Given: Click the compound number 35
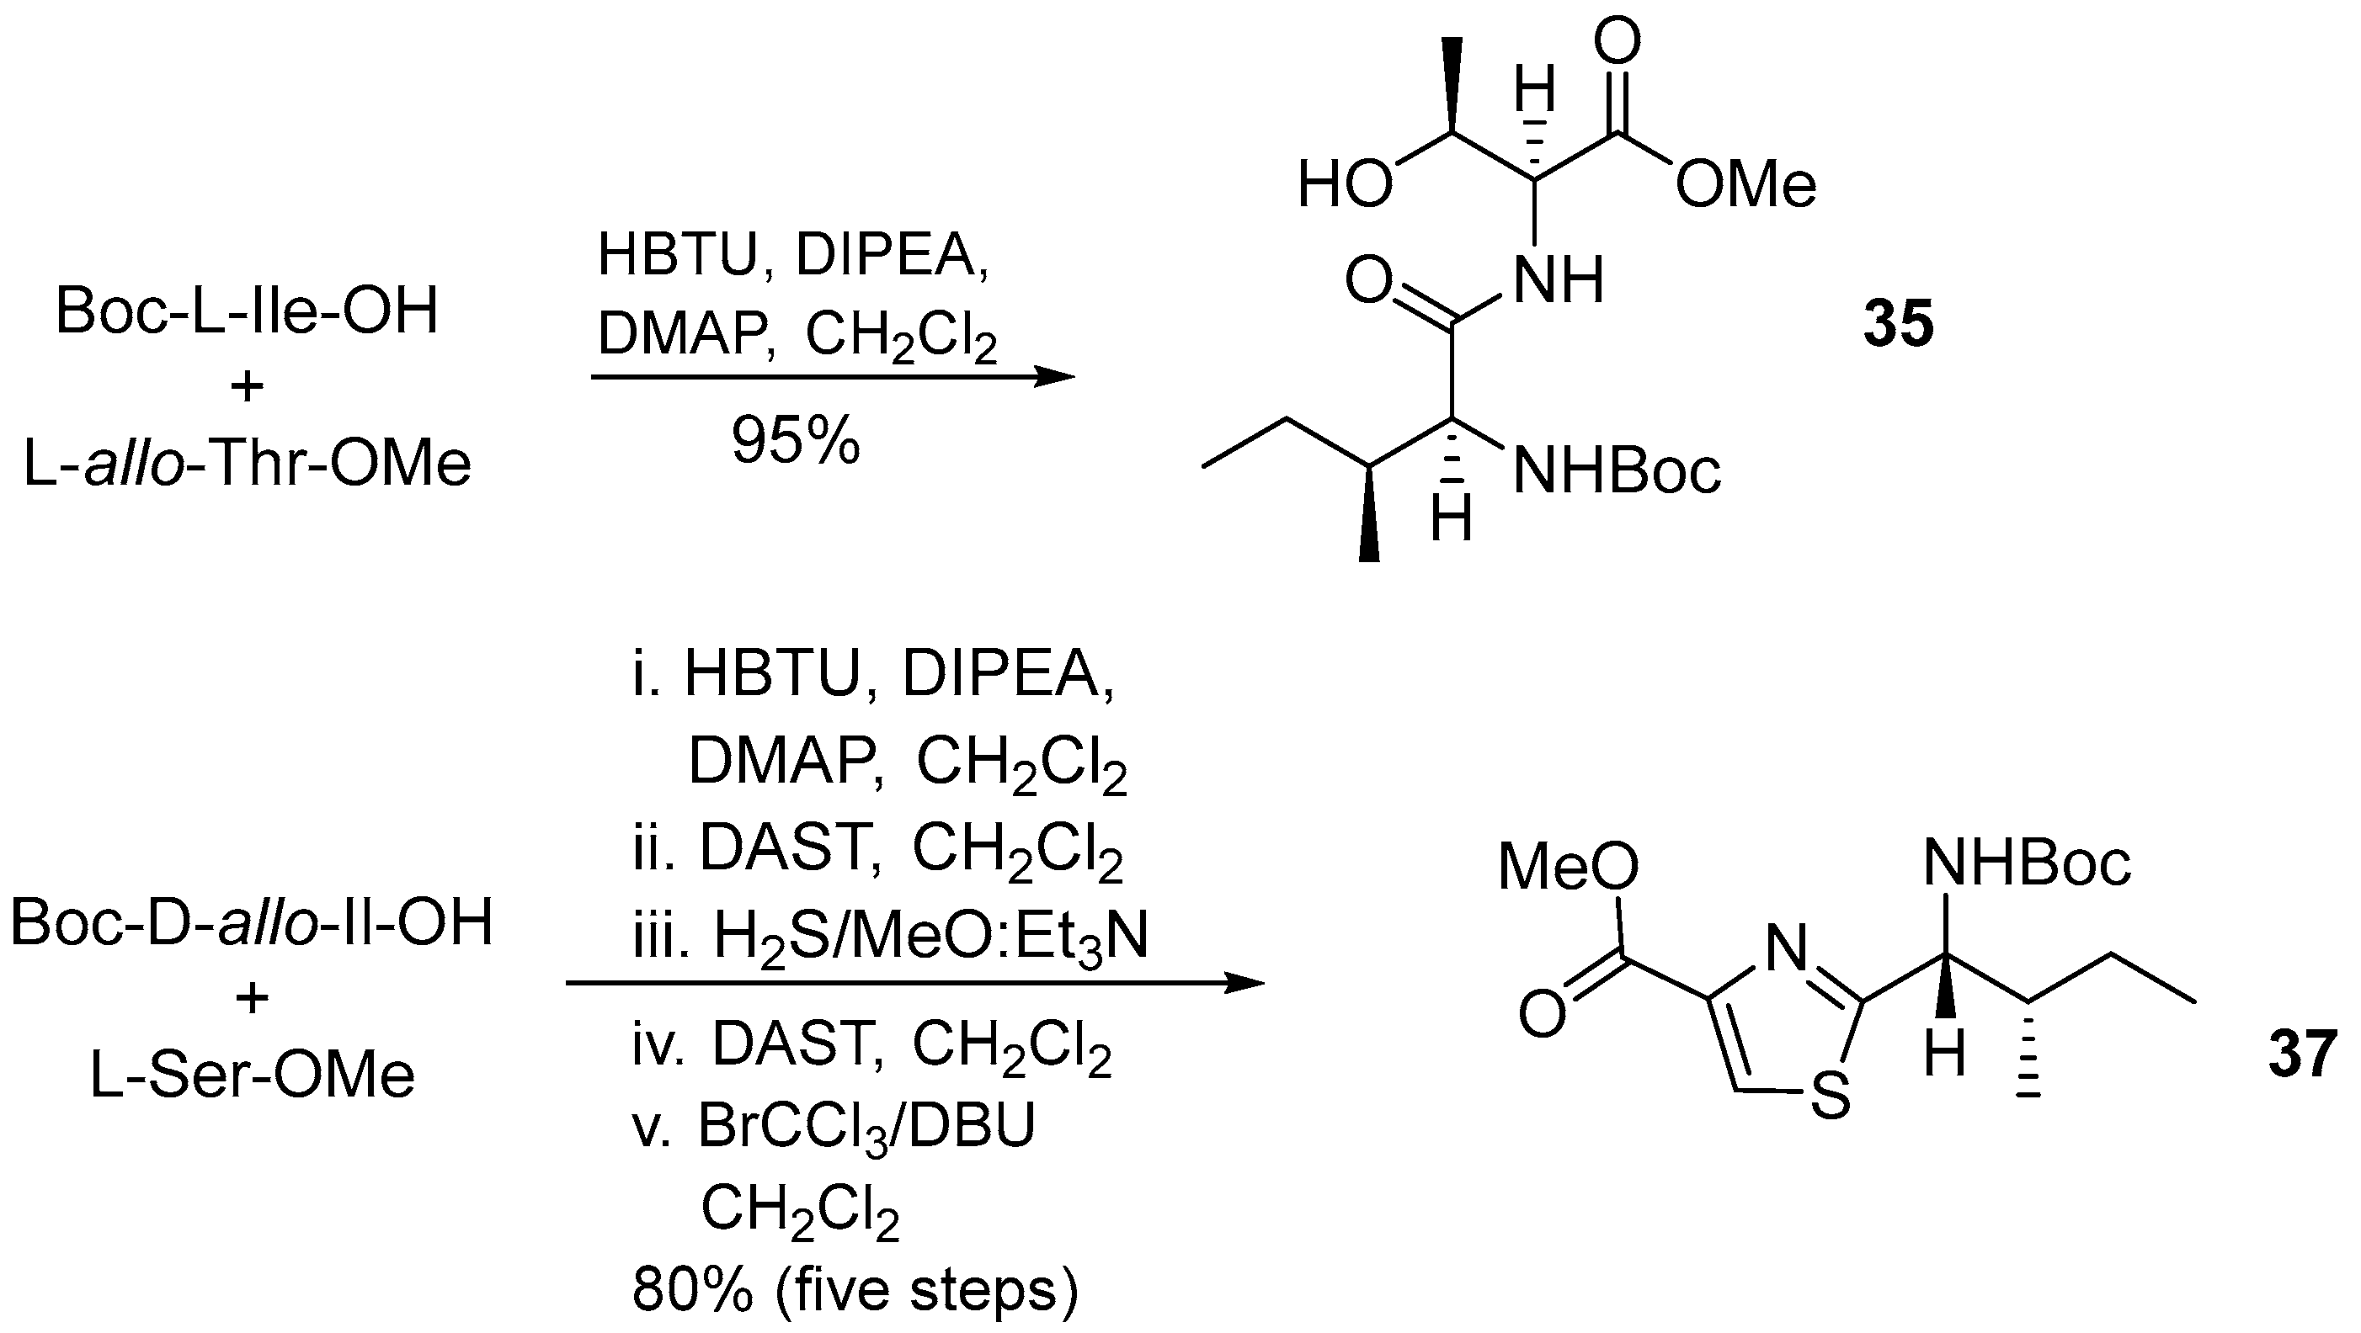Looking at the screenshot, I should tap(1898, 323).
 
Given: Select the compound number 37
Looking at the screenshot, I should tap(2302, 1054).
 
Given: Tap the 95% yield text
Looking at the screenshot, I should tap(796, 441).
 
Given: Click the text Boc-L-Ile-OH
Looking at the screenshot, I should tap(248, 311).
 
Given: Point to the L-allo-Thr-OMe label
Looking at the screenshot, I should tap(248, 464).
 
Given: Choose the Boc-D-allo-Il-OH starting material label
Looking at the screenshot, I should tap(252, 921).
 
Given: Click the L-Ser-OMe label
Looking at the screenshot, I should tap(252, 1074).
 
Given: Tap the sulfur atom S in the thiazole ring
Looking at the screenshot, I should tap(1831, 1097).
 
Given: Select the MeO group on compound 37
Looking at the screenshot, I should tap(1568, 867).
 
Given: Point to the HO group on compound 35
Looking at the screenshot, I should tap(1345, 184).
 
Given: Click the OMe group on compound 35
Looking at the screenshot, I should tap(1745, 184).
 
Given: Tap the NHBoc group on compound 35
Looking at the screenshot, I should tap(1617, 473).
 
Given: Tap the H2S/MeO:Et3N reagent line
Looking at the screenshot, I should tap(890, 937).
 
